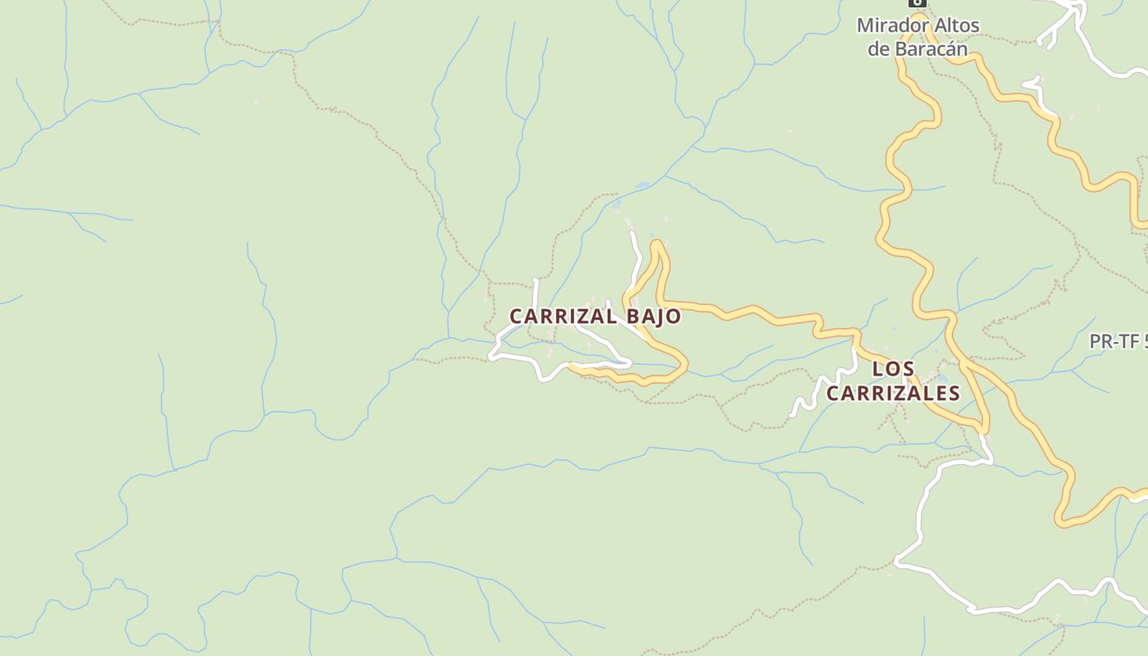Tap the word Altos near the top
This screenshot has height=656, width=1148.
pos(953,25)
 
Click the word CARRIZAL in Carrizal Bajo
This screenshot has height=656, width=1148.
pos(563,317)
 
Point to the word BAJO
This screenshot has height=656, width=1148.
pos(654,317)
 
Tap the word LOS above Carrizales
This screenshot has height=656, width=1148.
pos(893,369)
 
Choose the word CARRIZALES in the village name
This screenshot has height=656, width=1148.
pos(892,394)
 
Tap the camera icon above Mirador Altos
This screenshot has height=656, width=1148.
pos(918,2)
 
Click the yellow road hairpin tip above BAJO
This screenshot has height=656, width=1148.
pos(656,243)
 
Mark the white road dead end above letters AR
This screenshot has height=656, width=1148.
pos(535,281)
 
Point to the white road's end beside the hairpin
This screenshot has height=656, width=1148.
pos(632,234)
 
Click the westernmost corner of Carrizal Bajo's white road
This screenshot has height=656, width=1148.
pos(491,356)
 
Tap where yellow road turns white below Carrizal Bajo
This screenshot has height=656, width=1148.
pos(571,367)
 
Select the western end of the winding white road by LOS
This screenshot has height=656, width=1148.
pos(793,415)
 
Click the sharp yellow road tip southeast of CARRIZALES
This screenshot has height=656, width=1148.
pos(985,430)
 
